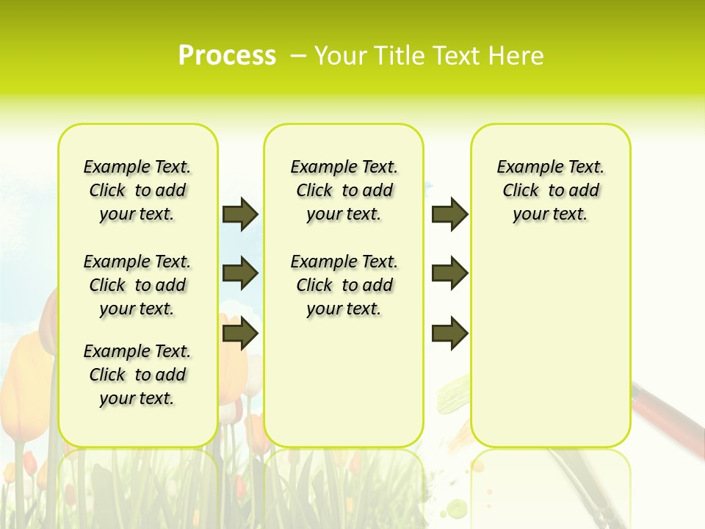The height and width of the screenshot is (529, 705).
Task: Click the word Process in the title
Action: coord(227,56)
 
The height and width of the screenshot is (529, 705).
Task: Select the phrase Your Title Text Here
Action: coord(429,56)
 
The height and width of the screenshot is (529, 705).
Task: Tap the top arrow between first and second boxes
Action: coord(240,214)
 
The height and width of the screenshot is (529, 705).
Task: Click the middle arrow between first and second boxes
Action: coord(240,273)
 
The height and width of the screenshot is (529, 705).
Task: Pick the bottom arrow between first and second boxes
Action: coord(240,334)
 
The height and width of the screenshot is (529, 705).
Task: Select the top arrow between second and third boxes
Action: coord(449,214)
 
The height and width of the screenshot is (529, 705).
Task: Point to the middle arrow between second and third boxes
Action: coord(449,273)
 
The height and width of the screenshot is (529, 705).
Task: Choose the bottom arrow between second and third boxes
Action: coord(449,334)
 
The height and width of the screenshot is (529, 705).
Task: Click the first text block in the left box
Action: coord(137,190)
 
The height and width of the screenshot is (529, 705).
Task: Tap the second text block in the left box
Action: coord(137,285)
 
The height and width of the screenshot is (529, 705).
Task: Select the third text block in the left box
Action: coord(137,375)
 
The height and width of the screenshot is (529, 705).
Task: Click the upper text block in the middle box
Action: coord(344,190)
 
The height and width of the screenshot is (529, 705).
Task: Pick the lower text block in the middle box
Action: coord(344,285)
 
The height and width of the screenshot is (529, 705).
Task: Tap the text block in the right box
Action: coord(550,190)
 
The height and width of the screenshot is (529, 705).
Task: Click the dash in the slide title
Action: coord(299,56)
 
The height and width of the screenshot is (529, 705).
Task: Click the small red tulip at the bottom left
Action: coord(29,463)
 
